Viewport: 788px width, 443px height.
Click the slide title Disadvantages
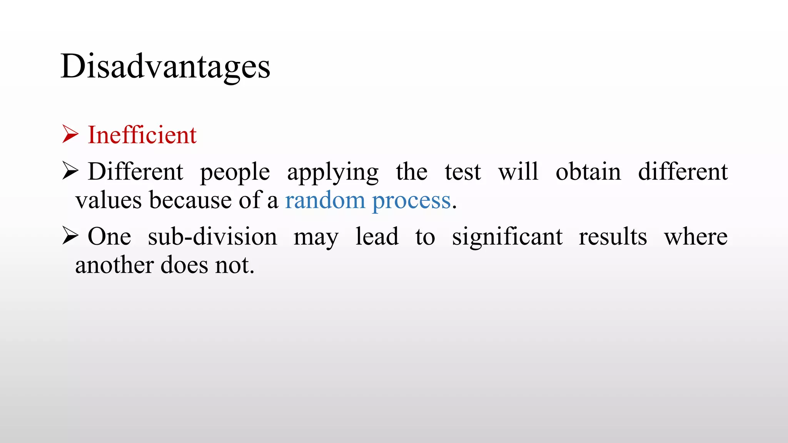pos(165,67)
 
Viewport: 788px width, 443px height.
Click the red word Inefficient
pos(142,135)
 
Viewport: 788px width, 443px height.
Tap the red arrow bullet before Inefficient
pos(70,134)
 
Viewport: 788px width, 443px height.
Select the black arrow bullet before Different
pos(70,171)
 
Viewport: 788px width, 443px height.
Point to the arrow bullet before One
pos(70,236)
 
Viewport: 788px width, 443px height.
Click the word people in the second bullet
pos(235,172)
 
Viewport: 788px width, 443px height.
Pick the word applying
pos(333,172)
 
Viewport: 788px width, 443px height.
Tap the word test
pos(462,172)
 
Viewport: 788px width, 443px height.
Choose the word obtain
pos(588,172)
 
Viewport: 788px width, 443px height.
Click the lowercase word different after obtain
pos(683,172)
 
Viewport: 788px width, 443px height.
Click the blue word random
pos(325,200)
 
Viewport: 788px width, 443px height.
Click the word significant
pos(507,236)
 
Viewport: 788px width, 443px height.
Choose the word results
pos(613,236)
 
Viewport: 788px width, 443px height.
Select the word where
pos(696,236)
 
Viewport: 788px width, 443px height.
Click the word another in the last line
pos(114,265)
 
